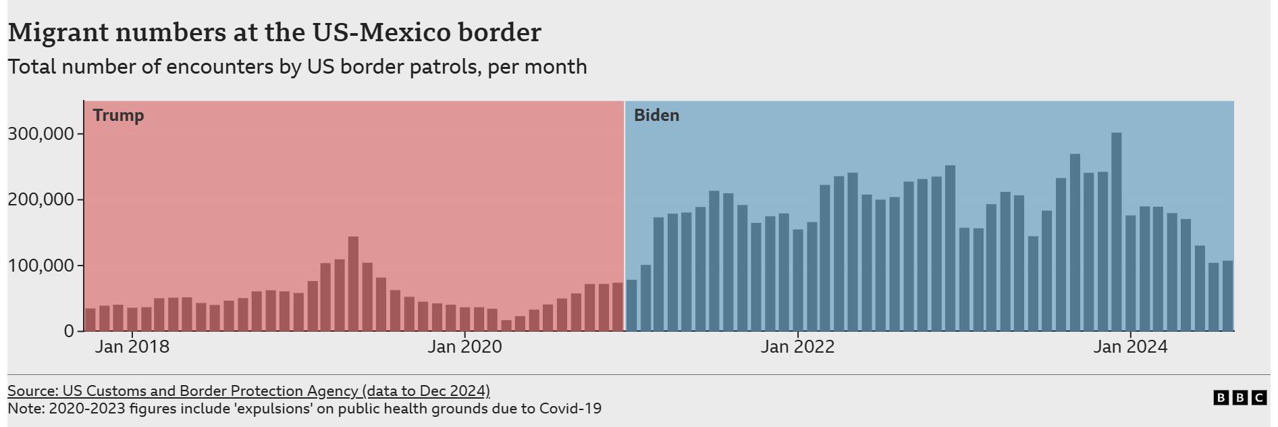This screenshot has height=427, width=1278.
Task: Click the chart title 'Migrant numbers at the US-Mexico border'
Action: coord(274,32)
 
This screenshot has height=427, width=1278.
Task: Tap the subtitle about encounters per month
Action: coord(297,67)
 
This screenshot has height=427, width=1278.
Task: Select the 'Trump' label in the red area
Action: coord(118,115)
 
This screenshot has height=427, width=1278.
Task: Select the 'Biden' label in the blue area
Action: coord(656,116)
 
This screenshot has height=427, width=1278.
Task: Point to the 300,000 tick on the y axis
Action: coord(41,134)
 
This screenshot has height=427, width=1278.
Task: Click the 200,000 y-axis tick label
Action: coord(41,200)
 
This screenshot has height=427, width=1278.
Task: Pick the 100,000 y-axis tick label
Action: coord(41,266)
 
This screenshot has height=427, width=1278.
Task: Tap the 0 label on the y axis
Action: coord(69,331)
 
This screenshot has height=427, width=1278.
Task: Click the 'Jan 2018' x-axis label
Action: coord(132,347)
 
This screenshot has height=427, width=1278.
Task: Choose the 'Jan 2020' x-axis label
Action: coord(464,347)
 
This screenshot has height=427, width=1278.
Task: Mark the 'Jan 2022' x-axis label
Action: coord(797,347)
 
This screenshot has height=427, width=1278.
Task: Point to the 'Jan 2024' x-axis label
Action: coord(1130,347)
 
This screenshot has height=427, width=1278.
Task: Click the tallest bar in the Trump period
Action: coord(353,284)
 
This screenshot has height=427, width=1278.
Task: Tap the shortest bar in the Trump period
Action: coord(506,326)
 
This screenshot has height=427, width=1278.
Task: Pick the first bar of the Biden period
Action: coord(632,305)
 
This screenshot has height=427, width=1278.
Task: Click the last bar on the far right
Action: coord(1227,296)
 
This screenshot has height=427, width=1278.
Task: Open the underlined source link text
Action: coord(248,391)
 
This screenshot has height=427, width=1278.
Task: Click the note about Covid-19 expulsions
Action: coord(304,409)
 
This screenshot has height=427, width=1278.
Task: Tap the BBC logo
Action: coord(1240,398)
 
